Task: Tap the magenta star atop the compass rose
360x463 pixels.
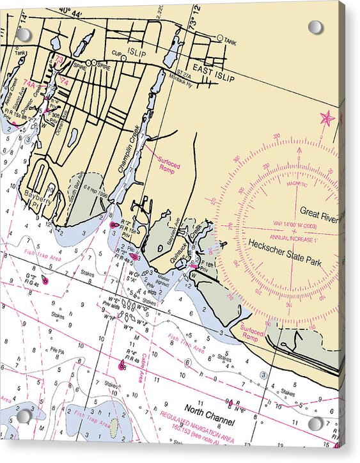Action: [x=327, y=118]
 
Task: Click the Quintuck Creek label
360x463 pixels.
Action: [x=191, y=243]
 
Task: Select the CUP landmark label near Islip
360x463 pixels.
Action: [x=115, y=53]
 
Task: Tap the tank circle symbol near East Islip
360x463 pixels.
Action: [x=220, y=39]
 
